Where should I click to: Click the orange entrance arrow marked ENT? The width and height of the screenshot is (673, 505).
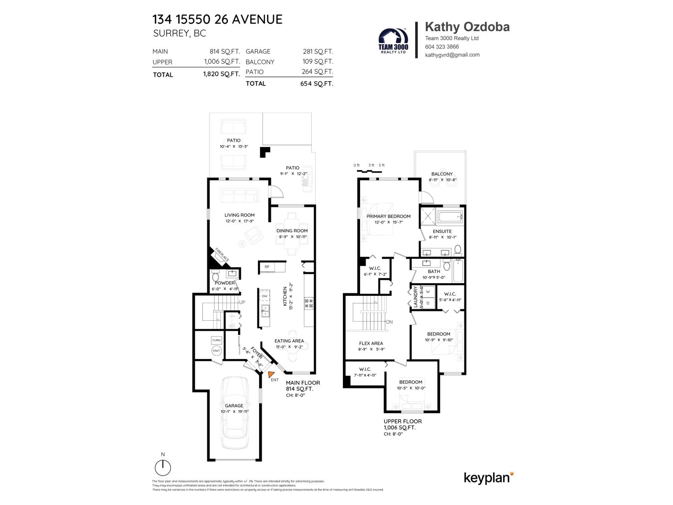point(271,374)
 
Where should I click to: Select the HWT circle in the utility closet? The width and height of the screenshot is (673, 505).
point(216,351)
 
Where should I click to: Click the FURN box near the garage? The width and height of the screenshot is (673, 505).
point(216,340)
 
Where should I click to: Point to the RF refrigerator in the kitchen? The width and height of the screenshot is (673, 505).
point(267,267)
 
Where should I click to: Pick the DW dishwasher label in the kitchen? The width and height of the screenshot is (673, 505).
point(265,296)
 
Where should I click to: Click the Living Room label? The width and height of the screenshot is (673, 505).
point(239,215)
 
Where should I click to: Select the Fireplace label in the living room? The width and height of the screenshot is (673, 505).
point(222,255)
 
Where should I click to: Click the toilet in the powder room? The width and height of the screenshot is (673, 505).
point(216,276)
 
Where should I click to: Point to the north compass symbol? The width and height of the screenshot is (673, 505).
point(163,468)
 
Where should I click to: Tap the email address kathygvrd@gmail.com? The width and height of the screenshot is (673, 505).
point(452,55)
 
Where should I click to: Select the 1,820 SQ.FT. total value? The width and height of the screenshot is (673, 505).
point(221,74)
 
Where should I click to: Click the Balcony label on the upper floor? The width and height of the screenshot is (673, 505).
point(442,174)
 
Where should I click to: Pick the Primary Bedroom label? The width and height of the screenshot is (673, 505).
point(388,216)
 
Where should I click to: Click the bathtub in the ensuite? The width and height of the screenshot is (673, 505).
point(450,217)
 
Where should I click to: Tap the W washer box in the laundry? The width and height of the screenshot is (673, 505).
point(428,292)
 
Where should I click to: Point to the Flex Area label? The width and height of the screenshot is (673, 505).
point(371,343)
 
